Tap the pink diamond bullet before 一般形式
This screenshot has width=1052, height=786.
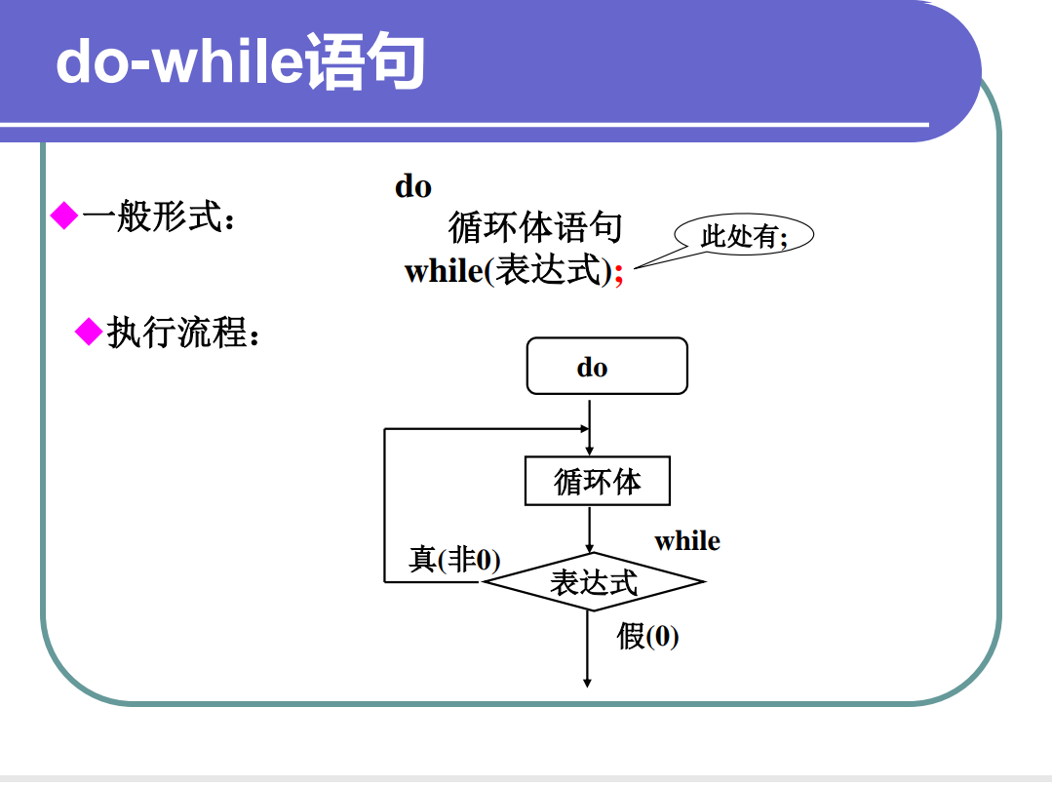click(63, 216)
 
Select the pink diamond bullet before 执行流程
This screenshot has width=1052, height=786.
click(89, 333)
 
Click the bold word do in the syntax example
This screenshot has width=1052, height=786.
click(412, 186)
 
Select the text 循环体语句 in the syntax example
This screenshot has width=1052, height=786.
click(534, 228)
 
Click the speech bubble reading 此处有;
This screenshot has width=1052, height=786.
click(744, 235)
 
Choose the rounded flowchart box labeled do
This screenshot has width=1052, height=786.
click(606, 367)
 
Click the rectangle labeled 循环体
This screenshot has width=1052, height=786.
click(597, 481)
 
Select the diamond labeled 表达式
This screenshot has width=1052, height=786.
click(593, 582)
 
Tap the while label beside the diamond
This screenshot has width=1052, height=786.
click(686, 541)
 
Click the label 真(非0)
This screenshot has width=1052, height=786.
click(453, 560)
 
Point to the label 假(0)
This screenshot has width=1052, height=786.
click(647, 637)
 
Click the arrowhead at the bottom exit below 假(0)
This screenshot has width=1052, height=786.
click(587, 682)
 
